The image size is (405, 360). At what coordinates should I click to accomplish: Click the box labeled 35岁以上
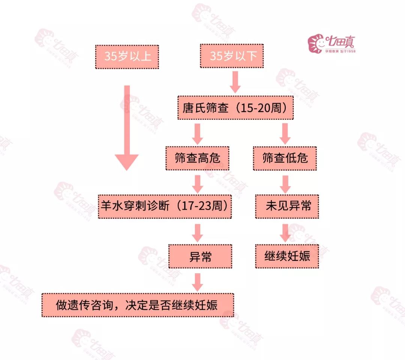(x=127, y=57)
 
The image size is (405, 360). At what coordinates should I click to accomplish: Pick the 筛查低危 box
(x=285, y=158)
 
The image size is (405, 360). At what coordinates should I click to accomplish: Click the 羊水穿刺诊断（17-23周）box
(x=165, y=206)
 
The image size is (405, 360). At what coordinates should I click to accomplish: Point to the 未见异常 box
(x=287, y=206)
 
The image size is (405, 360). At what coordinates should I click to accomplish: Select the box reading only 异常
(x=200, y=256)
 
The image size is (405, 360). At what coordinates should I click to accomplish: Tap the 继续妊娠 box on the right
(x=287, y=256)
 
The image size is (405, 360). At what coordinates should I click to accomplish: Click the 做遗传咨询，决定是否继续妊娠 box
(x=138, y=305)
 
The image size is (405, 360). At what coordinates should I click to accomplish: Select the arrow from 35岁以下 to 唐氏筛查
(x=235, y=82)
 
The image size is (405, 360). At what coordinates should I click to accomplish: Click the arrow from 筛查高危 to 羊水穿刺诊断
(x=198, y=183)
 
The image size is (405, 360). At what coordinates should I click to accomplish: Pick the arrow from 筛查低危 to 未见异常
(x=286, y=183)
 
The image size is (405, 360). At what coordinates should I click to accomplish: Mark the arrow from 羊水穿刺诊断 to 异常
(x=198, y=232)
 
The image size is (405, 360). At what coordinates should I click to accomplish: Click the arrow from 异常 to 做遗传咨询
(x=198, y=282)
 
